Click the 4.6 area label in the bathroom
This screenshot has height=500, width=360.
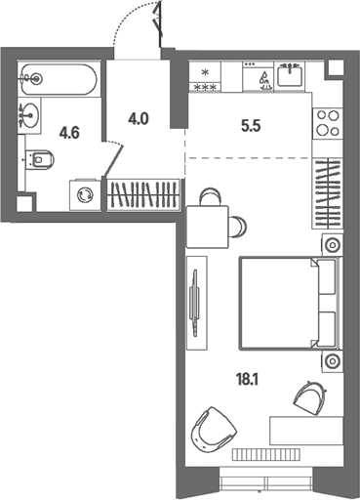tap(69, 133)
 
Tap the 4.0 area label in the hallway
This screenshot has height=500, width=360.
tap(139, 119)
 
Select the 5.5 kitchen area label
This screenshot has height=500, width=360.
tap(251, 126)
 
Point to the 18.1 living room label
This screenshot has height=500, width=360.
tap(248, 380)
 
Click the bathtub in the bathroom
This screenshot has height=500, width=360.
tap(59, 79)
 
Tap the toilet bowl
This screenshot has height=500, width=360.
tap(39, 160)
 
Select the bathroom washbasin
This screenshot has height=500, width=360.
tap(29, 115)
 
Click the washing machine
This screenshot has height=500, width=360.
tap(85, 195)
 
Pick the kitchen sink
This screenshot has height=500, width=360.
tap(290, 76)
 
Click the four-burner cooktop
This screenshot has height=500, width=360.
tap(328, 123)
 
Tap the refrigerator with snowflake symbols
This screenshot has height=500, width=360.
tap(205, 76)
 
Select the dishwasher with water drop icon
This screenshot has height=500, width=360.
tap(259, 76)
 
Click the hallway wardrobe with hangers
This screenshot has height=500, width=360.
tap(143, 194)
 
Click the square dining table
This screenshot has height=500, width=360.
tap(208, 227)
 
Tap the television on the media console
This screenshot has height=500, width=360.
tap(195, 304)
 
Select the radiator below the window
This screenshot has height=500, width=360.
tap(266, 455)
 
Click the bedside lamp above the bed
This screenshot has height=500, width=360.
tap(332, 244)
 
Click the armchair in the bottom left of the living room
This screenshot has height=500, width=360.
tap(214, 428)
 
